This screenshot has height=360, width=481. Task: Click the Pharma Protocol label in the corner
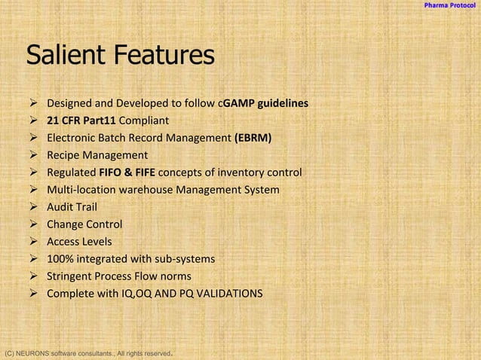pos(449,6)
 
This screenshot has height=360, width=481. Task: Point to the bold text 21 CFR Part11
pos(81,121)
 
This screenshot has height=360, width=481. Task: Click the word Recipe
pos(66,155)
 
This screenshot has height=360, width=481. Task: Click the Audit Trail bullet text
pos(72,207)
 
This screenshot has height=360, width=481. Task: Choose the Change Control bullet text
pos(84,224)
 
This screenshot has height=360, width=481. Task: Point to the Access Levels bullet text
pos(79,242)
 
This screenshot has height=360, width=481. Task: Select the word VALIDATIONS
pos(229,294)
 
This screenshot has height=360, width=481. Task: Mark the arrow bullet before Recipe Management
pos(33,155)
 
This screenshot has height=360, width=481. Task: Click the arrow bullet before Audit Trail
pos(33,207)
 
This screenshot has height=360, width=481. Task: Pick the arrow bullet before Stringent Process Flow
pos(33,276)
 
